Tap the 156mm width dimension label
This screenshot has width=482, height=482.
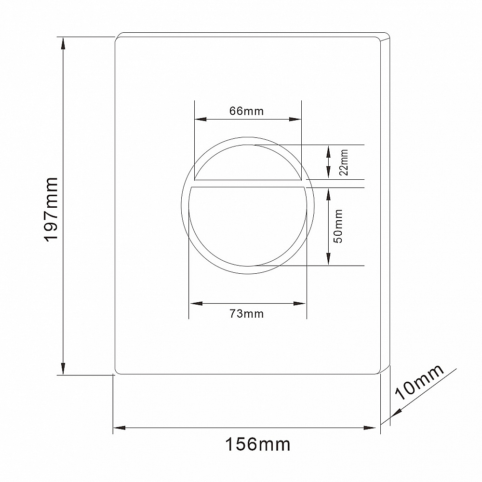(258, 444)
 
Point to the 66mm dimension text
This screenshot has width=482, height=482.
(246, 111)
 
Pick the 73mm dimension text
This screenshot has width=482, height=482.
(246, 314)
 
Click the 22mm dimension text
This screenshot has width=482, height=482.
(343, 162)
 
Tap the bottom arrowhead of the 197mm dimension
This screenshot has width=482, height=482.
(63, 369)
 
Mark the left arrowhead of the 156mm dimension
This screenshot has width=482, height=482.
(119, 428)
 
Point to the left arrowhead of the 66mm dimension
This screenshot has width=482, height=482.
(199, 119)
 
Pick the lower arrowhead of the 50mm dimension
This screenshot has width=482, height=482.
(328, 260)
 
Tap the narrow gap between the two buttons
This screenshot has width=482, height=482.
(247, 184)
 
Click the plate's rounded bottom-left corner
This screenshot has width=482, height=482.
(117, 371)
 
